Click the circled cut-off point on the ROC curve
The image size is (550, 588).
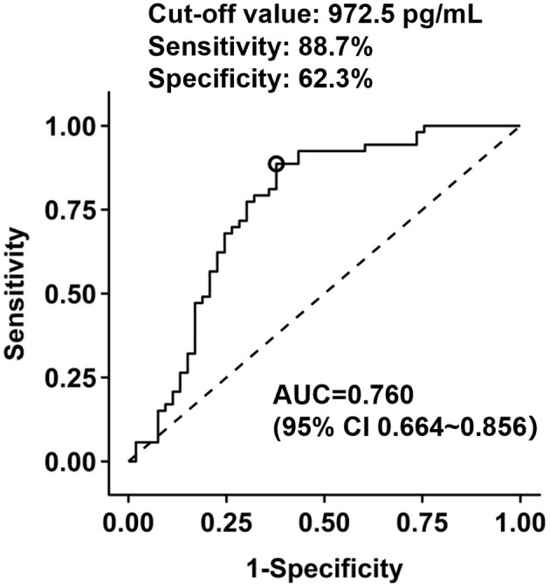tap(276, 163)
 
